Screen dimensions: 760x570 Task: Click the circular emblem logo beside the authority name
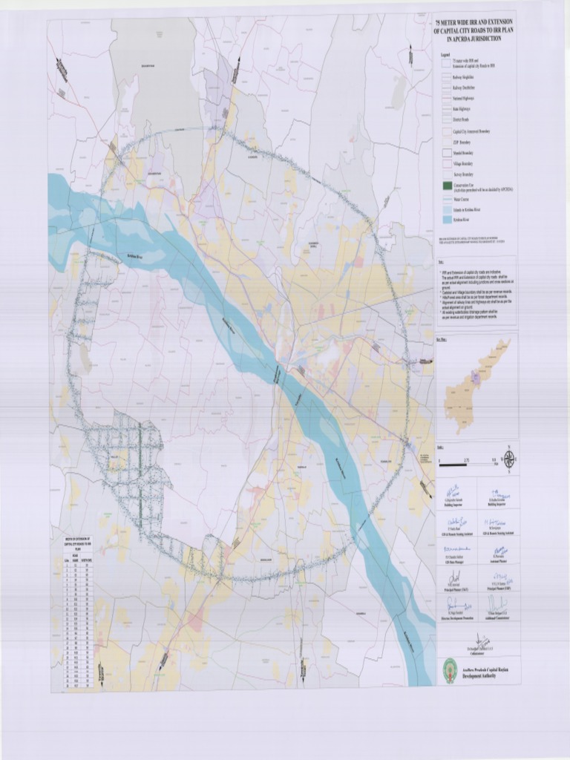(450, 665)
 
